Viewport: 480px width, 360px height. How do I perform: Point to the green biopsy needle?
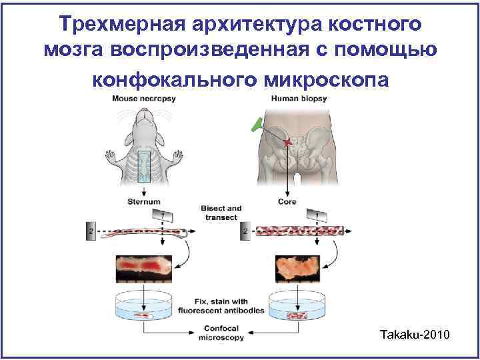pos(256,125)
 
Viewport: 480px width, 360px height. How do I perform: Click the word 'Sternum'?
pos(145,201)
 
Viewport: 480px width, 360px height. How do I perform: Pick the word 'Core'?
pos(287,201)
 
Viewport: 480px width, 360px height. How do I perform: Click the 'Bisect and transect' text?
pos(221,213)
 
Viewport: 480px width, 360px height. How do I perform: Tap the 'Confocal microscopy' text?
pos(221,333)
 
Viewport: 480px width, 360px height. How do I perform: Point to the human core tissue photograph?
pos(297,268)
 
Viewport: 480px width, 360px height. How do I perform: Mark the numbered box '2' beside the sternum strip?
pos(91,231)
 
